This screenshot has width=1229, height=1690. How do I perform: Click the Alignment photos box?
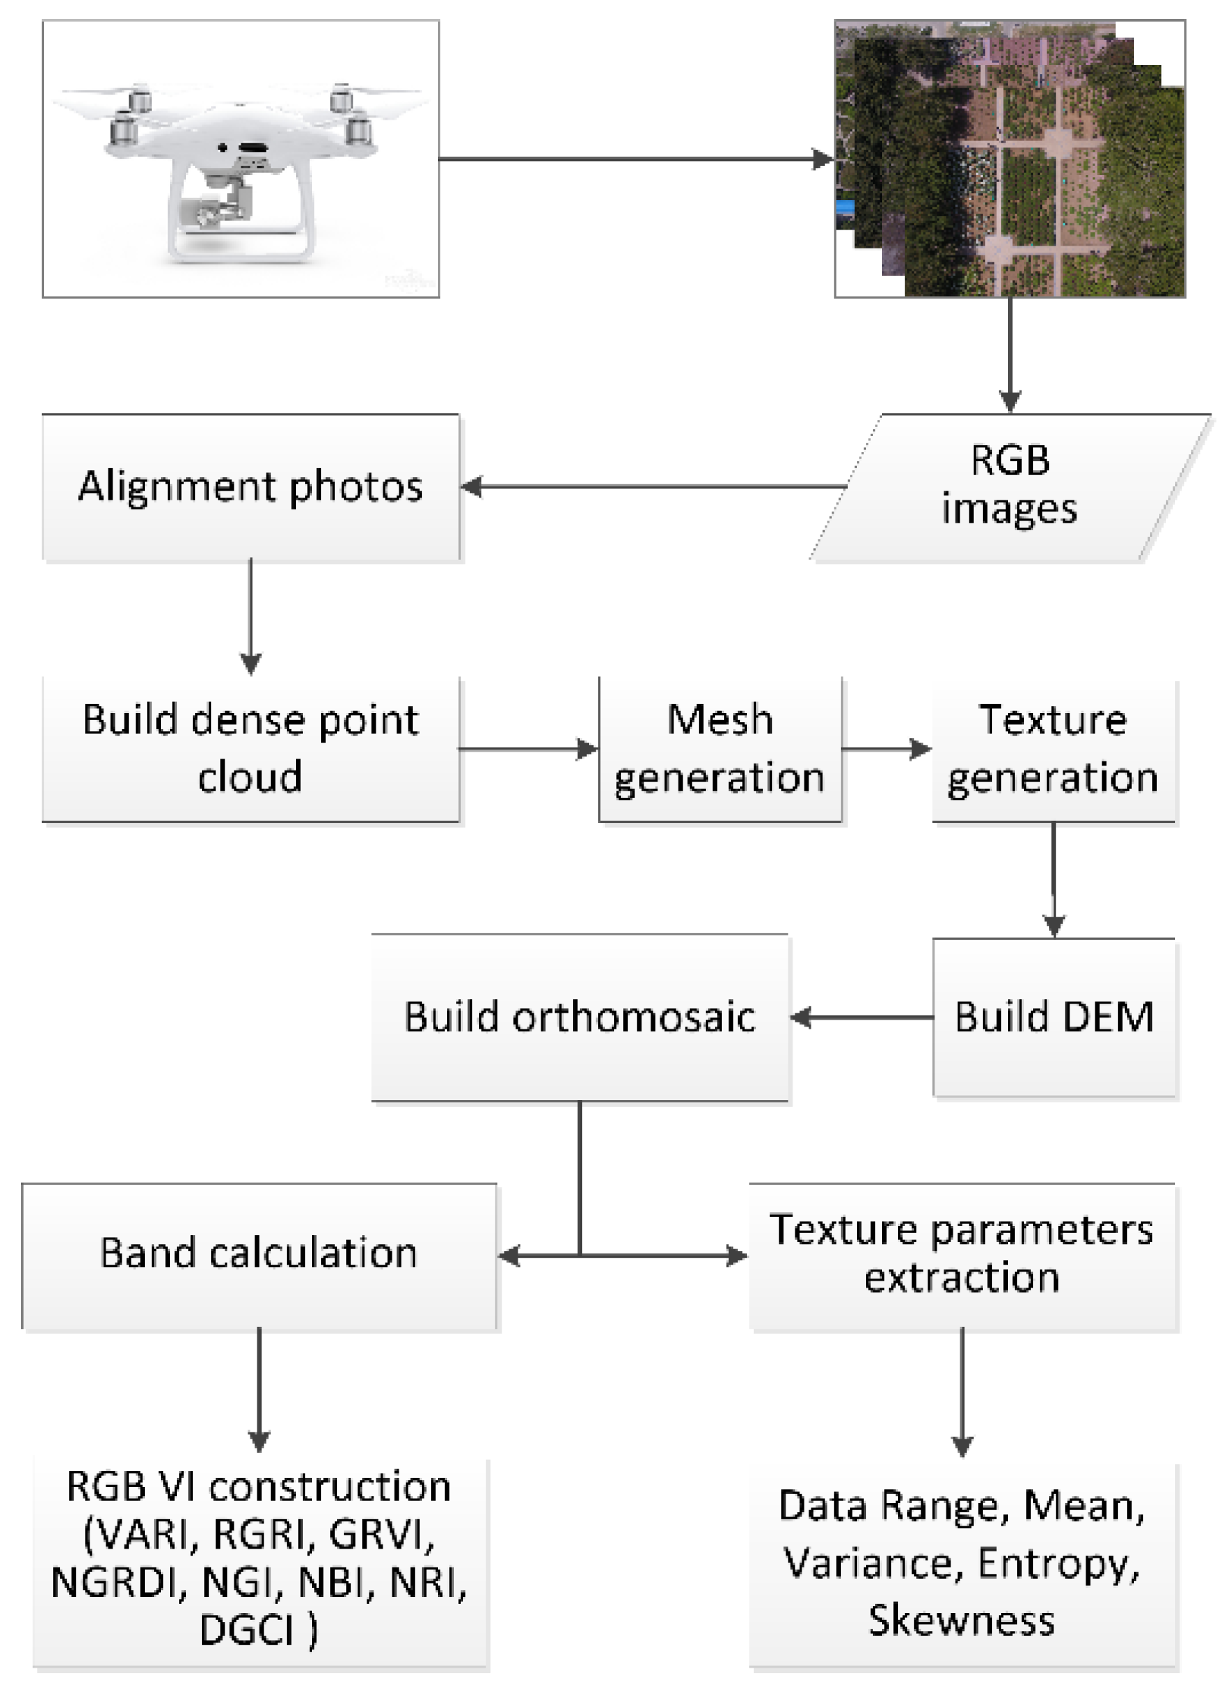tap(250, 487)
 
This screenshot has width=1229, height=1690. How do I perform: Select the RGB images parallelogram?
tap(1009, 487)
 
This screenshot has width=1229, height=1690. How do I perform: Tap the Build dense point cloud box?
tap(250, 749)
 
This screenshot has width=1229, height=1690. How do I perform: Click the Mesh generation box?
tap(720, 749)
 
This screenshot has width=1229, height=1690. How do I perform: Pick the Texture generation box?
tap(1053, 749)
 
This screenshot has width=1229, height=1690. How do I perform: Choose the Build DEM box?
tap(1054, 1017)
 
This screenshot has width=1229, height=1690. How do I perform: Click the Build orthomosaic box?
tap(579, 1017)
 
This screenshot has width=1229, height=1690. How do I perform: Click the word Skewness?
tap(962, 1621)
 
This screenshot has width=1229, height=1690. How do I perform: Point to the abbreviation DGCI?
tap(246, 1631)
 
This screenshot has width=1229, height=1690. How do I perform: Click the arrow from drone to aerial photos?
tap(633, 159)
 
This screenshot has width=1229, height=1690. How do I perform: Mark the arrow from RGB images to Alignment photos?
tap(655, 487)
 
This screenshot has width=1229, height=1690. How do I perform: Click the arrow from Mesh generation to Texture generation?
tap(886, 749)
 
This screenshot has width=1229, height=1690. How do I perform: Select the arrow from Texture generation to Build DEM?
tap(1053, 879)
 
